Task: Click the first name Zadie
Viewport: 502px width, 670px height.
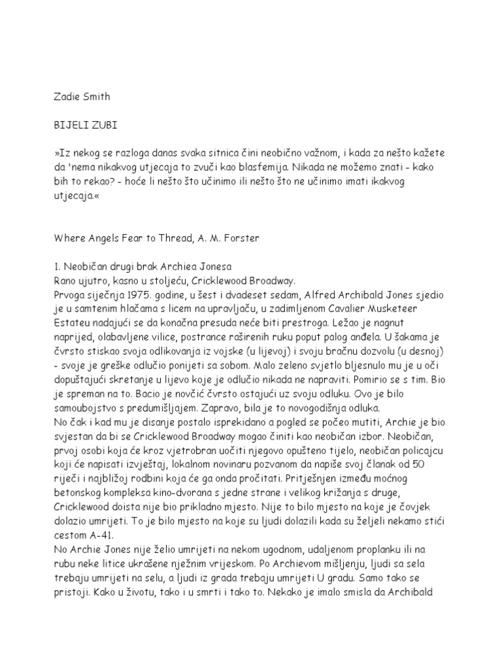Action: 65,97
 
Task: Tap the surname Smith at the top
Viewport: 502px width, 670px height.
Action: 97,97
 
